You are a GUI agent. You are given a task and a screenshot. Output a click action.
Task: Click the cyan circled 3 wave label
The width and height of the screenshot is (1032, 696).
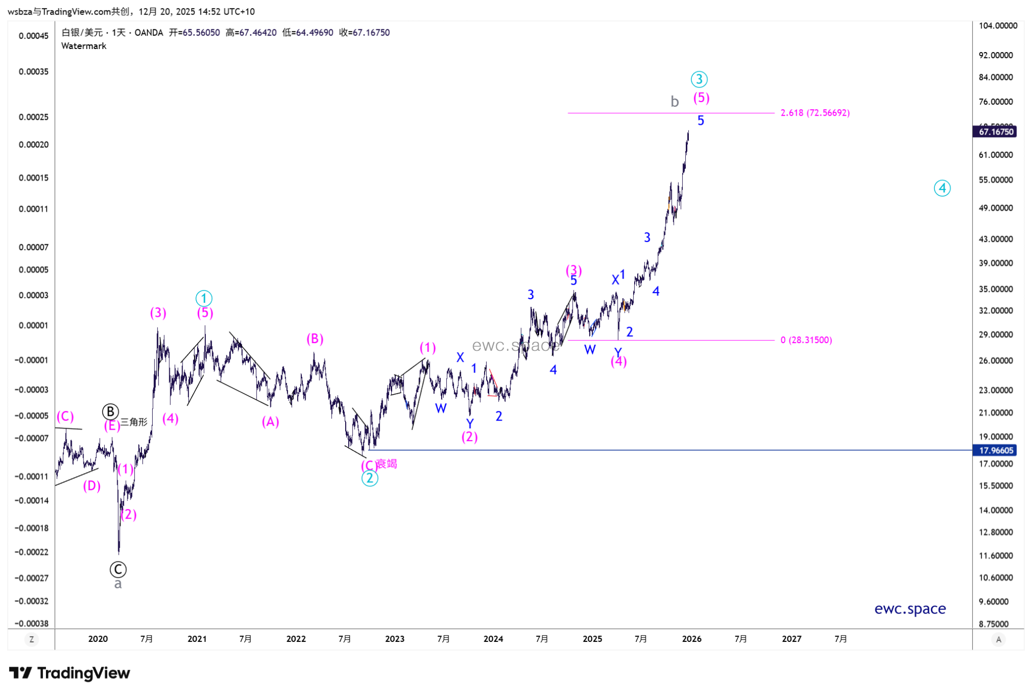(x=699, y=79)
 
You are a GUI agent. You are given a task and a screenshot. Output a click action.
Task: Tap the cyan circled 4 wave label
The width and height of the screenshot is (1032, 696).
(x=942, y=188)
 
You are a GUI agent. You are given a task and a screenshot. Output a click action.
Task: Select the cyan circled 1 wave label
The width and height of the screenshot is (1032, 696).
(x=204, y=298)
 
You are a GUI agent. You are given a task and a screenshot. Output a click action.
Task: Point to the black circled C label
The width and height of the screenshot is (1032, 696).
(x=118, y=570)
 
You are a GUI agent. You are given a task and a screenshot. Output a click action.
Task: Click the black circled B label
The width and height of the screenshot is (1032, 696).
(x=110, y=412)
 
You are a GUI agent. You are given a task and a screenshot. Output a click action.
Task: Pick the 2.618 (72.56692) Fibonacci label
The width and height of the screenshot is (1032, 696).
(x=815, y=113)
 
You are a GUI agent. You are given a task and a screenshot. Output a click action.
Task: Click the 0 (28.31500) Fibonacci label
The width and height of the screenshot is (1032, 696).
(x=806, y=340)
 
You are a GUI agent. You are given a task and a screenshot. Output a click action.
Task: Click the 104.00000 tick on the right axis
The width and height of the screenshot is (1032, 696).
(x=998, y=26)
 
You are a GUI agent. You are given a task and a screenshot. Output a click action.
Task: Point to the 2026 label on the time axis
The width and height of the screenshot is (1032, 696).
(x=691, y=639)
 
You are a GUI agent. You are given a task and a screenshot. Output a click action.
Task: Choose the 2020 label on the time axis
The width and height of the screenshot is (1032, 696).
(x=98, y=639)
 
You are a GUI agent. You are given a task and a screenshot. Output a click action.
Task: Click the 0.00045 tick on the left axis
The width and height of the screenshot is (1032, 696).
(x=34, y=36)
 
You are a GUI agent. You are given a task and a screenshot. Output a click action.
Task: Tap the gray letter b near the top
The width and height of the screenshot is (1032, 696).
(x=674, y=102)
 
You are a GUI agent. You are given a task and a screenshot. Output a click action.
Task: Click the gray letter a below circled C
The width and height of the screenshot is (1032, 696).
(x=118, y=584)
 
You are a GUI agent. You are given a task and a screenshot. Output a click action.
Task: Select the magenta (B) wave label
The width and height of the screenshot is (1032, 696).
(x=315, y=339)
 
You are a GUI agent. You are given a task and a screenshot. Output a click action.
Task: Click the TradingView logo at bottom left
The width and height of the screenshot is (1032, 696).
(x=70, y=673)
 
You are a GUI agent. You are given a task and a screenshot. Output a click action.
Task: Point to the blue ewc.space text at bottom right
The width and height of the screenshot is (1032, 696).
(x=910, y=609)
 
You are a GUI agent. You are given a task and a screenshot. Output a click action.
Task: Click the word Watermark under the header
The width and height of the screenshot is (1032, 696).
(x=84, y=46)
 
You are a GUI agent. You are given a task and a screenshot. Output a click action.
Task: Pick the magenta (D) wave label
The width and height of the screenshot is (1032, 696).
(x=92, y=486)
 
